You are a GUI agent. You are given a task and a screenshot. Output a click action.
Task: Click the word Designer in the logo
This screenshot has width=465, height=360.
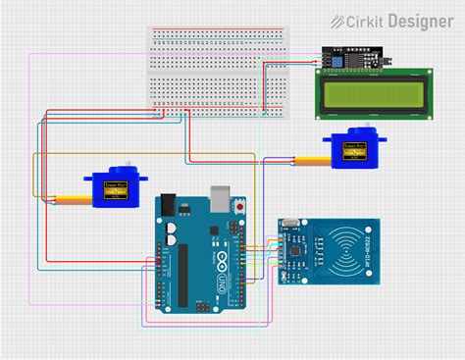point(421,21)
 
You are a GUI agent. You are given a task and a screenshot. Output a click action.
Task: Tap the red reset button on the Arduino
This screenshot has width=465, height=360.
point(241,207)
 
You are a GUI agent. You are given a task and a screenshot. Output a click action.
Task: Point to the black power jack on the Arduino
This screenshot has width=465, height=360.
point(168,206)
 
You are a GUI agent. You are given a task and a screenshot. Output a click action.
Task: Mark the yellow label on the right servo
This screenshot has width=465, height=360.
point(351,150)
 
